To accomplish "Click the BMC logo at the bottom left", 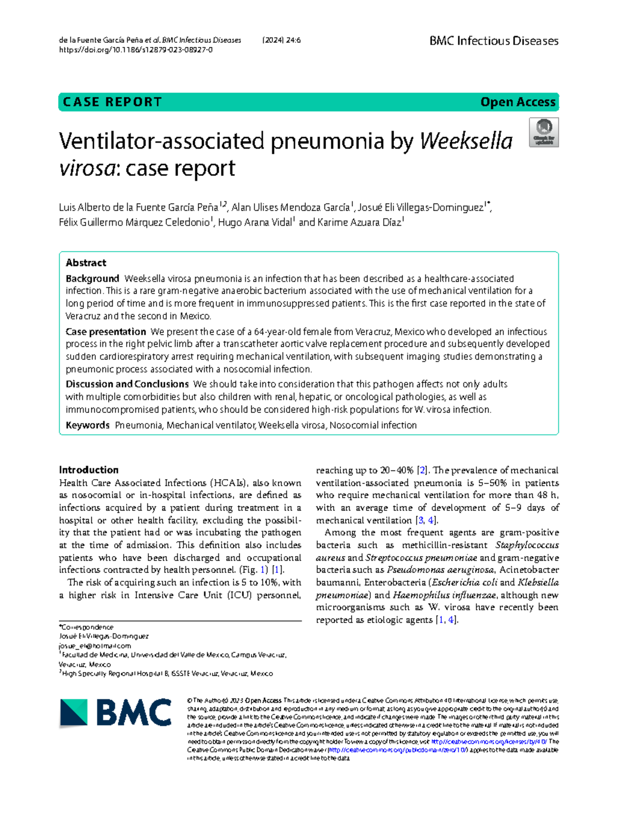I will [115, 713].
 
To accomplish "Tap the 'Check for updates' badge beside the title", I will [544, 132].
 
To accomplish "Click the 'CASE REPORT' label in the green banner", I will [112, 102].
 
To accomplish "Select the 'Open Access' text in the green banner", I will [518, 102].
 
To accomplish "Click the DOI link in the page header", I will [135, 50].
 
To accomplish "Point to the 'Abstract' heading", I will [86, 263].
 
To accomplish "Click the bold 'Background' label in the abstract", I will [92, 279].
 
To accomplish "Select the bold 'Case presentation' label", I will [106, 332].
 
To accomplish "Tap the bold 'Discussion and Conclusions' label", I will [127, 384].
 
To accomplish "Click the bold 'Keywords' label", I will [88, 426].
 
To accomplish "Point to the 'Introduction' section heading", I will [89, 470].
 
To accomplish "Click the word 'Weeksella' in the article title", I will [466, 141].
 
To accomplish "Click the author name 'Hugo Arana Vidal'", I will [255, 223].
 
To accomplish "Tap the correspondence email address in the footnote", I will [95, 646].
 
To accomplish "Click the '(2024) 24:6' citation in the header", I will [281, 40].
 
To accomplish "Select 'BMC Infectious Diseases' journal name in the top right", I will [493, 41].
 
